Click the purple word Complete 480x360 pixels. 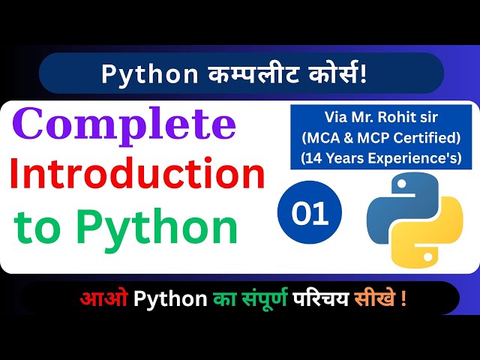click(x=124, y=126)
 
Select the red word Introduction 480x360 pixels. click(x=137, y=175)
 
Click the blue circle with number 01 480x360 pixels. click(x=309, y=215)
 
